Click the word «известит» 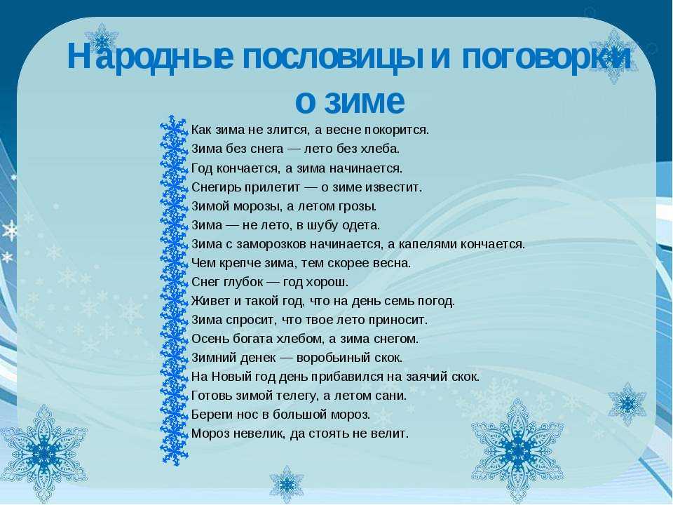coord(393,188)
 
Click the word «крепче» coord(236,263)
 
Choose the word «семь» coord(388,301)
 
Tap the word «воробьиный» coord(327,358)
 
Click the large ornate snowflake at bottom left coord(43,453)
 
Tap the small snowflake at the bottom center coord(286,484)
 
